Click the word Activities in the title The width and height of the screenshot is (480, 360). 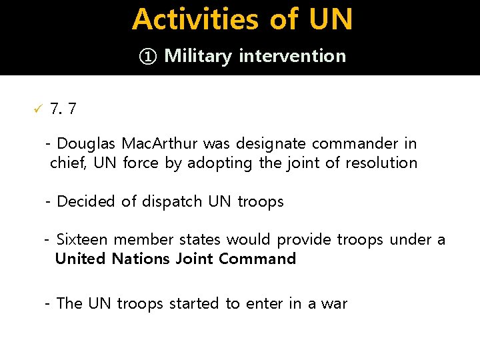(x=195, y=19)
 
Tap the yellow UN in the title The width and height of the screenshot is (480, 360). (x=331, y=19)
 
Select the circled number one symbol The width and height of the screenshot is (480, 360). (x=148, y=56)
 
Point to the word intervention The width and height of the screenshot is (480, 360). (x=292, y=56)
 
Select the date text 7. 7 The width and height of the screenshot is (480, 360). (x=63, y=109)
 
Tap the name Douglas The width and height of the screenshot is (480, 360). (x=86, y=143)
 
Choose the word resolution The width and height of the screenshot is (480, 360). (x=381, y=163)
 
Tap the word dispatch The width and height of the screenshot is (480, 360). (x=171, y=201)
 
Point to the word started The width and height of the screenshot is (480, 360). (x=194, y=303)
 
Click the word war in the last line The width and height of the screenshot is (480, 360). (x=334, y=304)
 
